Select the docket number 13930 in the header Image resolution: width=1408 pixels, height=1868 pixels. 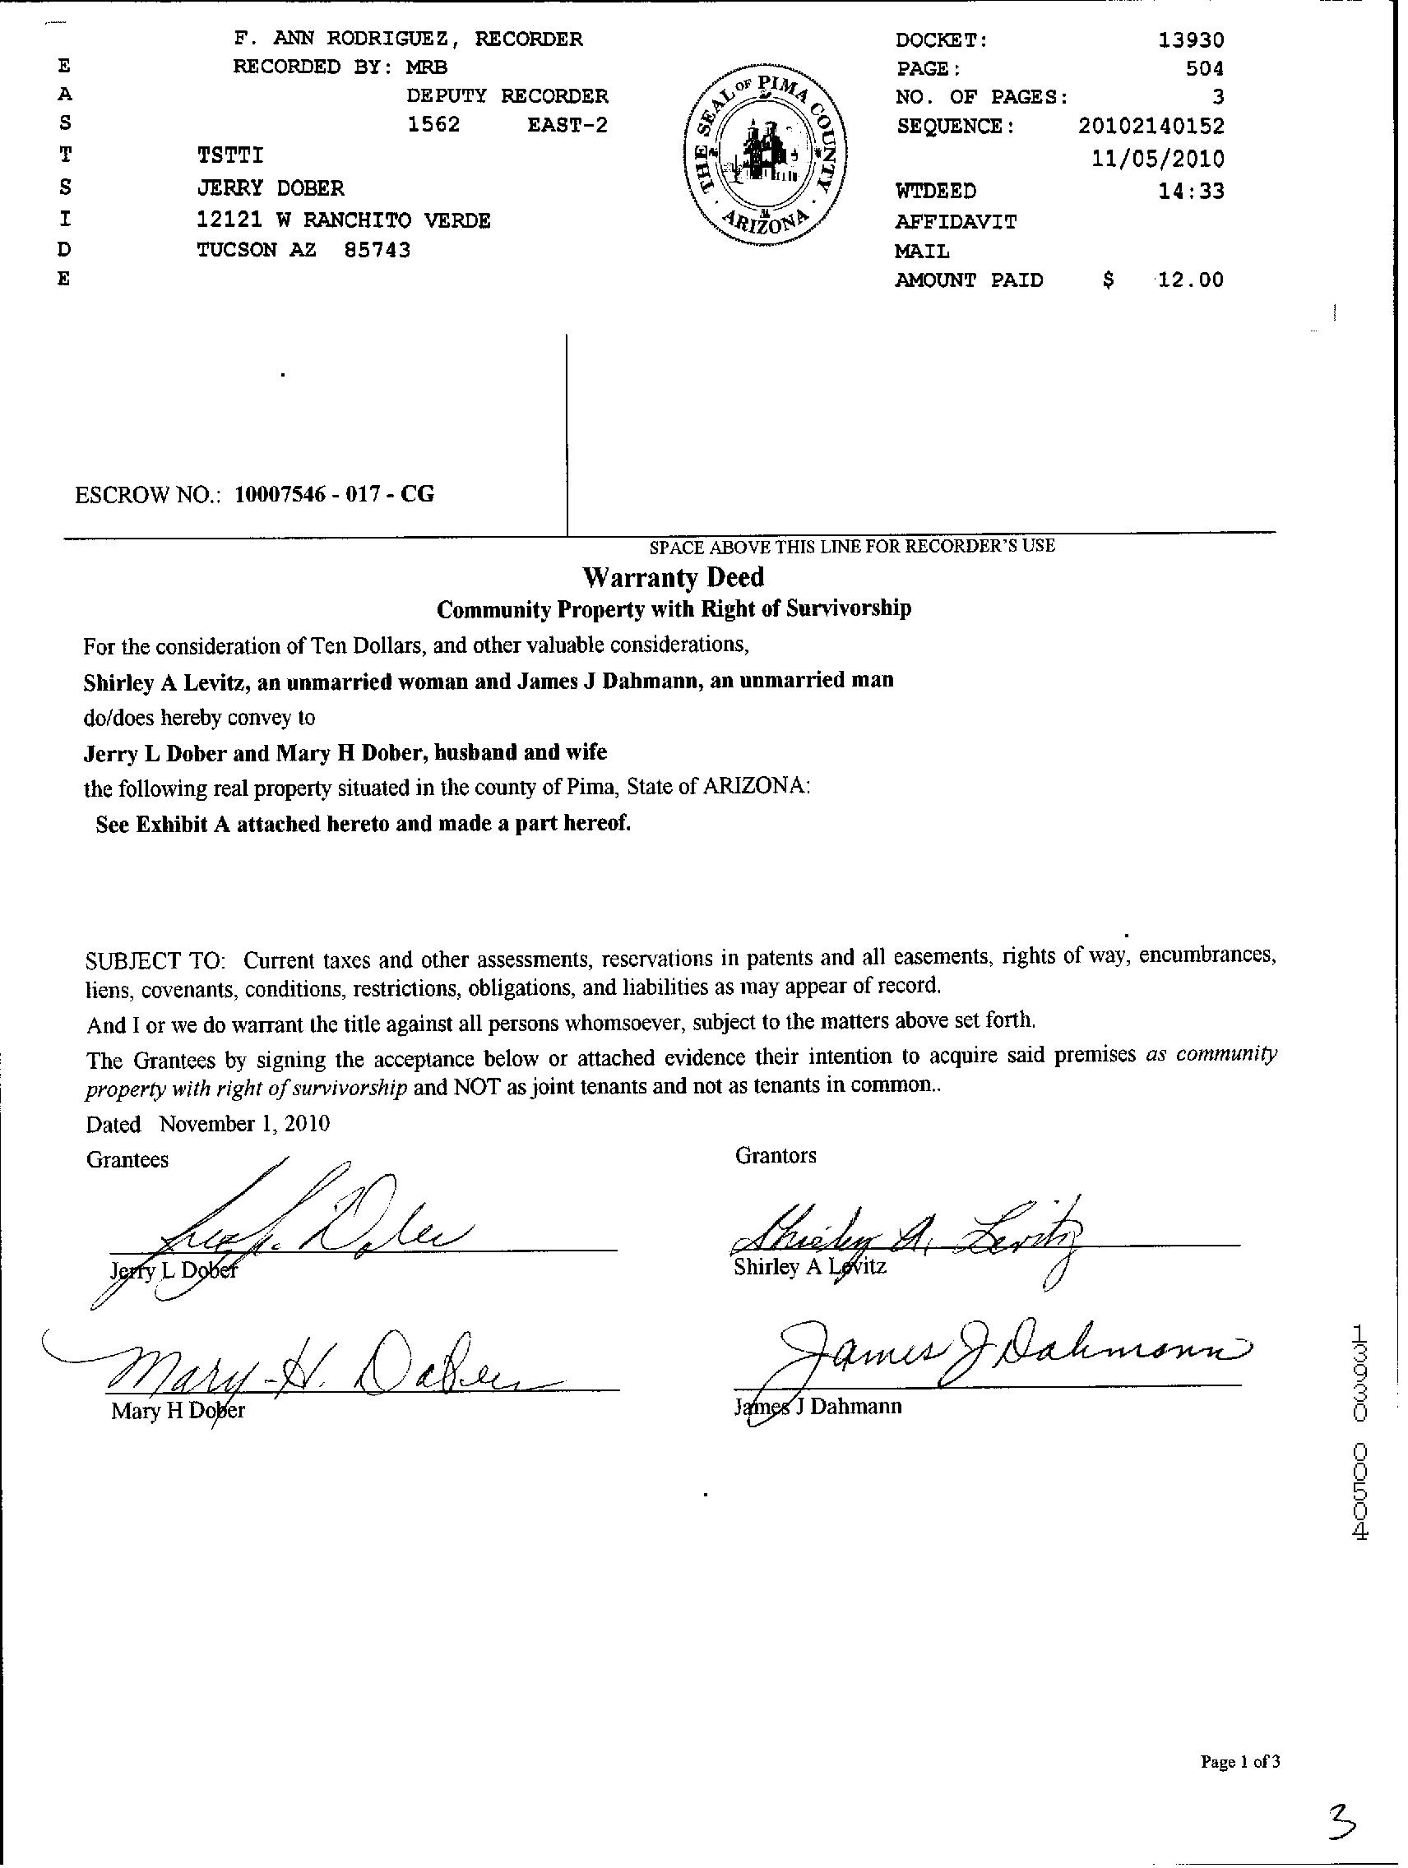coord(1191,39)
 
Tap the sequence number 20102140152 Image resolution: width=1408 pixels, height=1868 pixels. coord(1151,127)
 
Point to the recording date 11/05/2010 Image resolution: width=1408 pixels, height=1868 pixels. coord(1157,159)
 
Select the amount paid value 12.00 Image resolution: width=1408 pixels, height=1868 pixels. coord(1190,280)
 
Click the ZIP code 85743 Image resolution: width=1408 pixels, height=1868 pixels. coord(377,250)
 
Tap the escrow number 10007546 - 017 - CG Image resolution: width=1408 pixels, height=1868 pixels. coord(334,494)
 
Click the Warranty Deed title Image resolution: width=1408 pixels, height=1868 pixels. coord(674,578)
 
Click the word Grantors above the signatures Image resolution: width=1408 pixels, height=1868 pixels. coord(776,1155)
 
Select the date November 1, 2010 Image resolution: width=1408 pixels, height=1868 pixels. coord(244,1124)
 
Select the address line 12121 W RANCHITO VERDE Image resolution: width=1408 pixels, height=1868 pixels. coord(343,220)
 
